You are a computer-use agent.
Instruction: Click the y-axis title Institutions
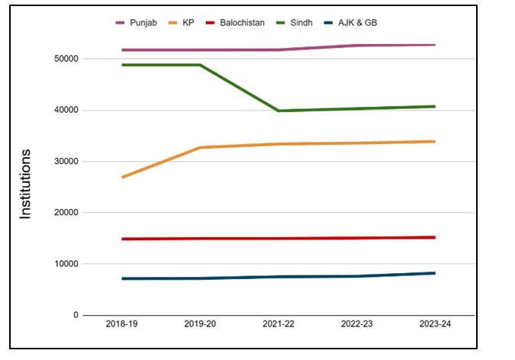tap(26, 185)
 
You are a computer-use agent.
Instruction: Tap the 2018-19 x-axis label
tap(122, 324)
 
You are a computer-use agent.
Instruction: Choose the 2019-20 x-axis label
tap(201, 324)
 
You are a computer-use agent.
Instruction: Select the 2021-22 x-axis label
tap(278, 324)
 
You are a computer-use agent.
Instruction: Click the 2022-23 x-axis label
tap(356, 324)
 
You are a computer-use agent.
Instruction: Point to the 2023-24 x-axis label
tap(434, 324)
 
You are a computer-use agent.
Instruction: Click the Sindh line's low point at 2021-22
tap(278, 111)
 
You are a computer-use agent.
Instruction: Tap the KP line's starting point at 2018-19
tap(122, 177)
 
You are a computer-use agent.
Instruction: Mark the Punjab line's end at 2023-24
tap(434, 45)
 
